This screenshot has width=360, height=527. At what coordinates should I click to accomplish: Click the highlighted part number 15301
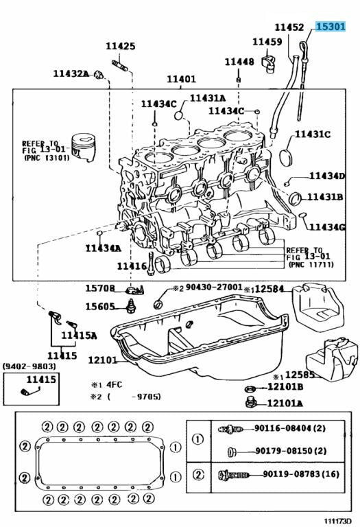click(331, 26)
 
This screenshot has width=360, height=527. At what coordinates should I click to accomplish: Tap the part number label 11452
click(289, 27)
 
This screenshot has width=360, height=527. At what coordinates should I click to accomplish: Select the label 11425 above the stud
click(121, 46)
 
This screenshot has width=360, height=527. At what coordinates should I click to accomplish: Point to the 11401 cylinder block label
click(181, 79)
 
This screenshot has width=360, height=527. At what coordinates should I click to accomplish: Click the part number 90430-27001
click(214, 287)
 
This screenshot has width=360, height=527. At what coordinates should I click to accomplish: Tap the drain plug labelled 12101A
click(251, 401)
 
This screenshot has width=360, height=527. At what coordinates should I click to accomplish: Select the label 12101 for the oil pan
click(102, 360)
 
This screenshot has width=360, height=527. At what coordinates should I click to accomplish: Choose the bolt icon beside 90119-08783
click(234, 475)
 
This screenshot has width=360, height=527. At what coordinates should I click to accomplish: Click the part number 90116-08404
click(282, 428)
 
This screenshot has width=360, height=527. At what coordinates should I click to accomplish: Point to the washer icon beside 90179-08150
click(231, 452)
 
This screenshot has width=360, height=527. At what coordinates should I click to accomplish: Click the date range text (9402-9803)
click(29, 366)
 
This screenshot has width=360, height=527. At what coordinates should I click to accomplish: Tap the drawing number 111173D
click(337, 520)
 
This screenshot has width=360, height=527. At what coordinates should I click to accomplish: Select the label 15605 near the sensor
click(99, 307)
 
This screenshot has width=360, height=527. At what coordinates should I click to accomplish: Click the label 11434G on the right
click(327, 227)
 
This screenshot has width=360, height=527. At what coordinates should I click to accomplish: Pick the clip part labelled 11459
click(268, 62)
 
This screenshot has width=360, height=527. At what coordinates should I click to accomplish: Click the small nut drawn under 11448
click(238, 80)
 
